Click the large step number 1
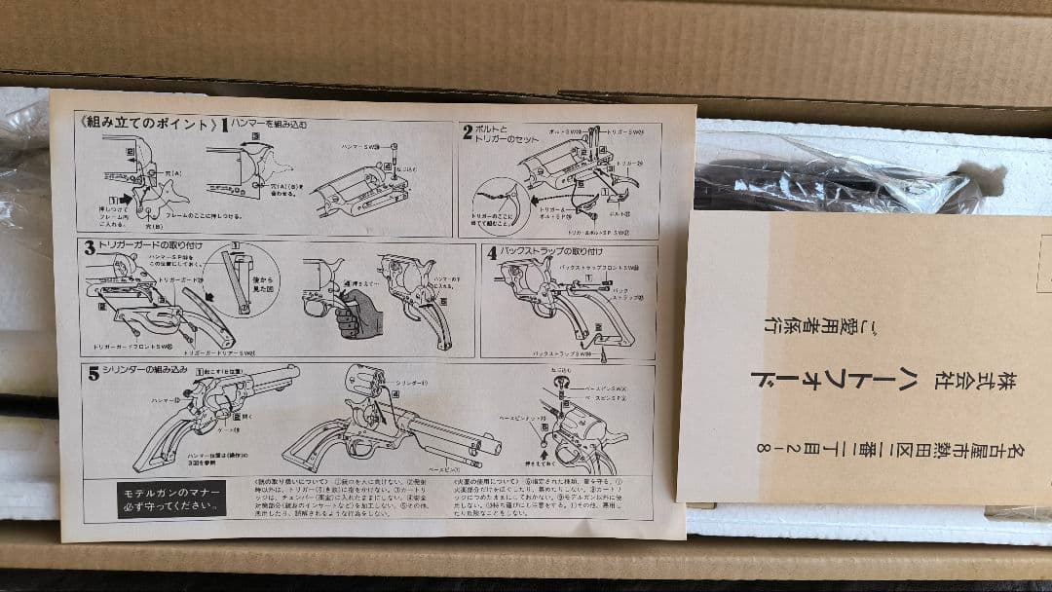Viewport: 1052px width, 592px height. pyautogui.click(x=224, y=126)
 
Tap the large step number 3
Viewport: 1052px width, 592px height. pyautogui.click(x=90, y=246)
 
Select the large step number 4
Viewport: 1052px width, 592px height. pyautogui.click(x=492, y=252)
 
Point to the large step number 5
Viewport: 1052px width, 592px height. pyautogui.click(x=94, y=371)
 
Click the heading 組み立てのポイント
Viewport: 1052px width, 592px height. pyautogui.click(x=145, y=125)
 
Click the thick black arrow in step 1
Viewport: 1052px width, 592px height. pyautogui.click(x=127, y=197)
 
